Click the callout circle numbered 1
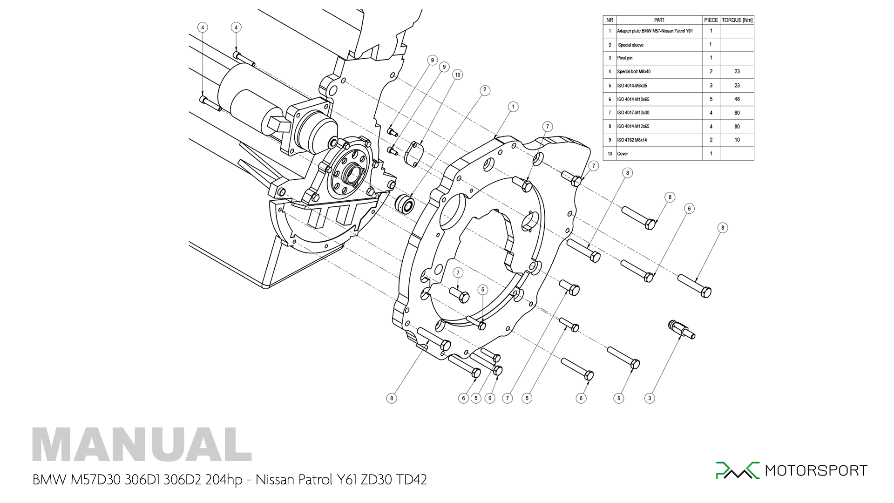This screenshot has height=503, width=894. click(x=513, y=107)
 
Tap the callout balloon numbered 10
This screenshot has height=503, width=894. click(x=458, y=75)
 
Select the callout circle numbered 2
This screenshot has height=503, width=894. click(x=485, y=90)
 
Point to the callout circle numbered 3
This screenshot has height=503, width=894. click(x=650, y=398)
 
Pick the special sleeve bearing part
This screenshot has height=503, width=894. click(x=405, y=204)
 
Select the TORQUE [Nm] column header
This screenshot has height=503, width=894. click(x=737, y=20)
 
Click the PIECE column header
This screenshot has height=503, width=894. click(x=711, y=20)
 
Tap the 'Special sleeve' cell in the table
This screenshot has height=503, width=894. click(x=630, y=45)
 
